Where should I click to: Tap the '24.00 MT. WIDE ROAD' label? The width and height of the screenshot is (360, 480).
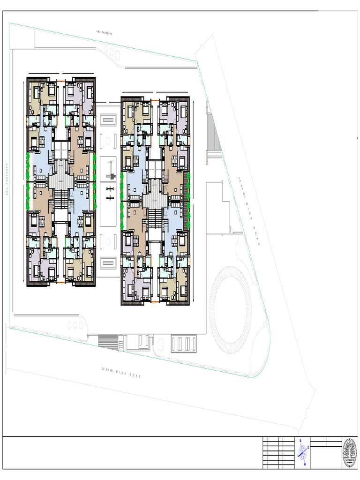click(121, 372)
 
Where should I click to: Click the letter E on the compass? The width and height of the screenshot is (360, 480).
click(300, 441)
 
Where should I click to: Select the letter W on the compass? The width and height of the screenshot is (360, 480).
click(305, 465)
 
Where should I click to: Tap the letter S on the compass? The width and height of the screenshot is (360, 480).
click(308, 448)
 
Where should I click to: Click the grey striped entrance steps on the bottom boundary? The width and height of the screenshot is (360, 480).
click(108, 341)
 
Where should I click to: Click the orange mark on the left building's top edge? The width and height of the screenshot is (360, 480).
click(60, 81)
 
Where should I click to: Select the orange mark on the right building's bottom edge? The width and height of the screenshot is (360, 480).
click(155, 304)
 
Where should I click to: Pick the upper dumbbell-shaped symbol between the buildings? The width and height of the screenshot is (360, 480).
click(111, 189)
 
